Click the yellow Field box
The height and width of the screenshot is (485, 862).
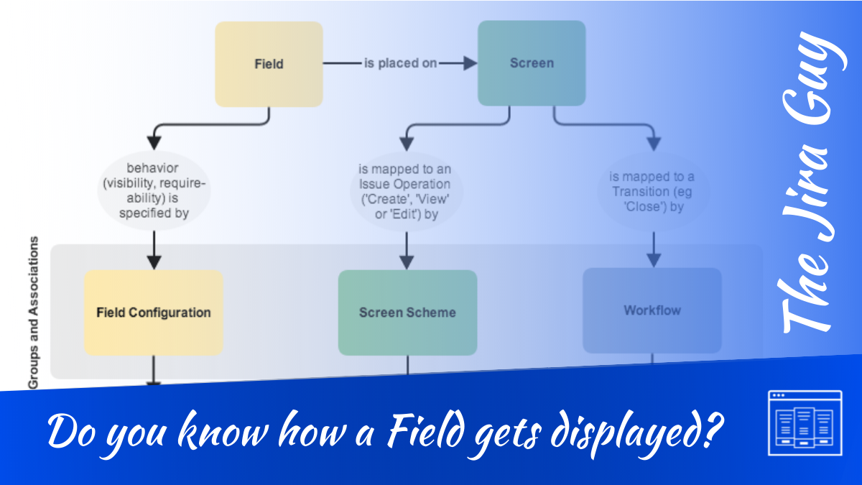point(269,64)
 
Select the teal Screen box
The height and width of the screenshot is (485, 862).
point(532,63)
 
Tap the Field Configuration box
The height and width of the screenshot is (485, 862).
point(154,313)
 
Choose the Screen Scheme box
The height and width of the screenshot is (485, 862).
point(407,313)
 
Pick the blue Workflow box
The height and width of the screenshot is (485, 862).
point(652,310)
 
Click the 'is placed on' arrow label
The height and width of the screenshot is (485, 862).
point(400,63)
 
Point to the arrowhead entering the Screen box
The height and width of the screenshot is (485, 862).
point(470,63)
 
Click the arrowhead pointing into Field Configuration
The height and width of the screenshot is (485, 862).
point(153,262)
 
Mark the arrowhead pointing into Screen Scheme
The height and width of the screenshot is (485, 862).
point(407,262)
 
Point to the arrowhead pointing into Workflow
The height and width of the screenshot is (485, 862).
point(652,259)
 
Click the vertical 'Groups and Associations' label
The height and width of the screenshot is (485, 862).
point(34,313)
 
